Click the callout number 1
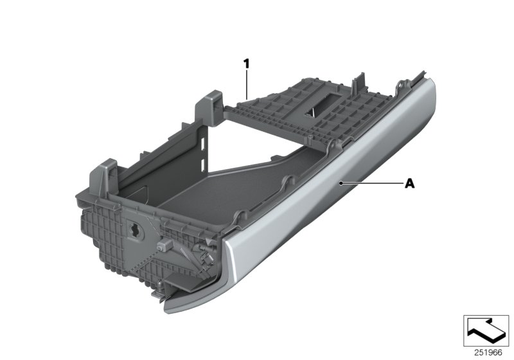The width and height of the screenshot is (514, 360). [x=245, y=63]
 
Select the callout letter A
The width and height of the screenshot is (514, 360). [x=409, y=184]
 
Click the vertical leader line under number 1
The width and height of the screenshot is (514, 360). [x=246, y=84]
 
